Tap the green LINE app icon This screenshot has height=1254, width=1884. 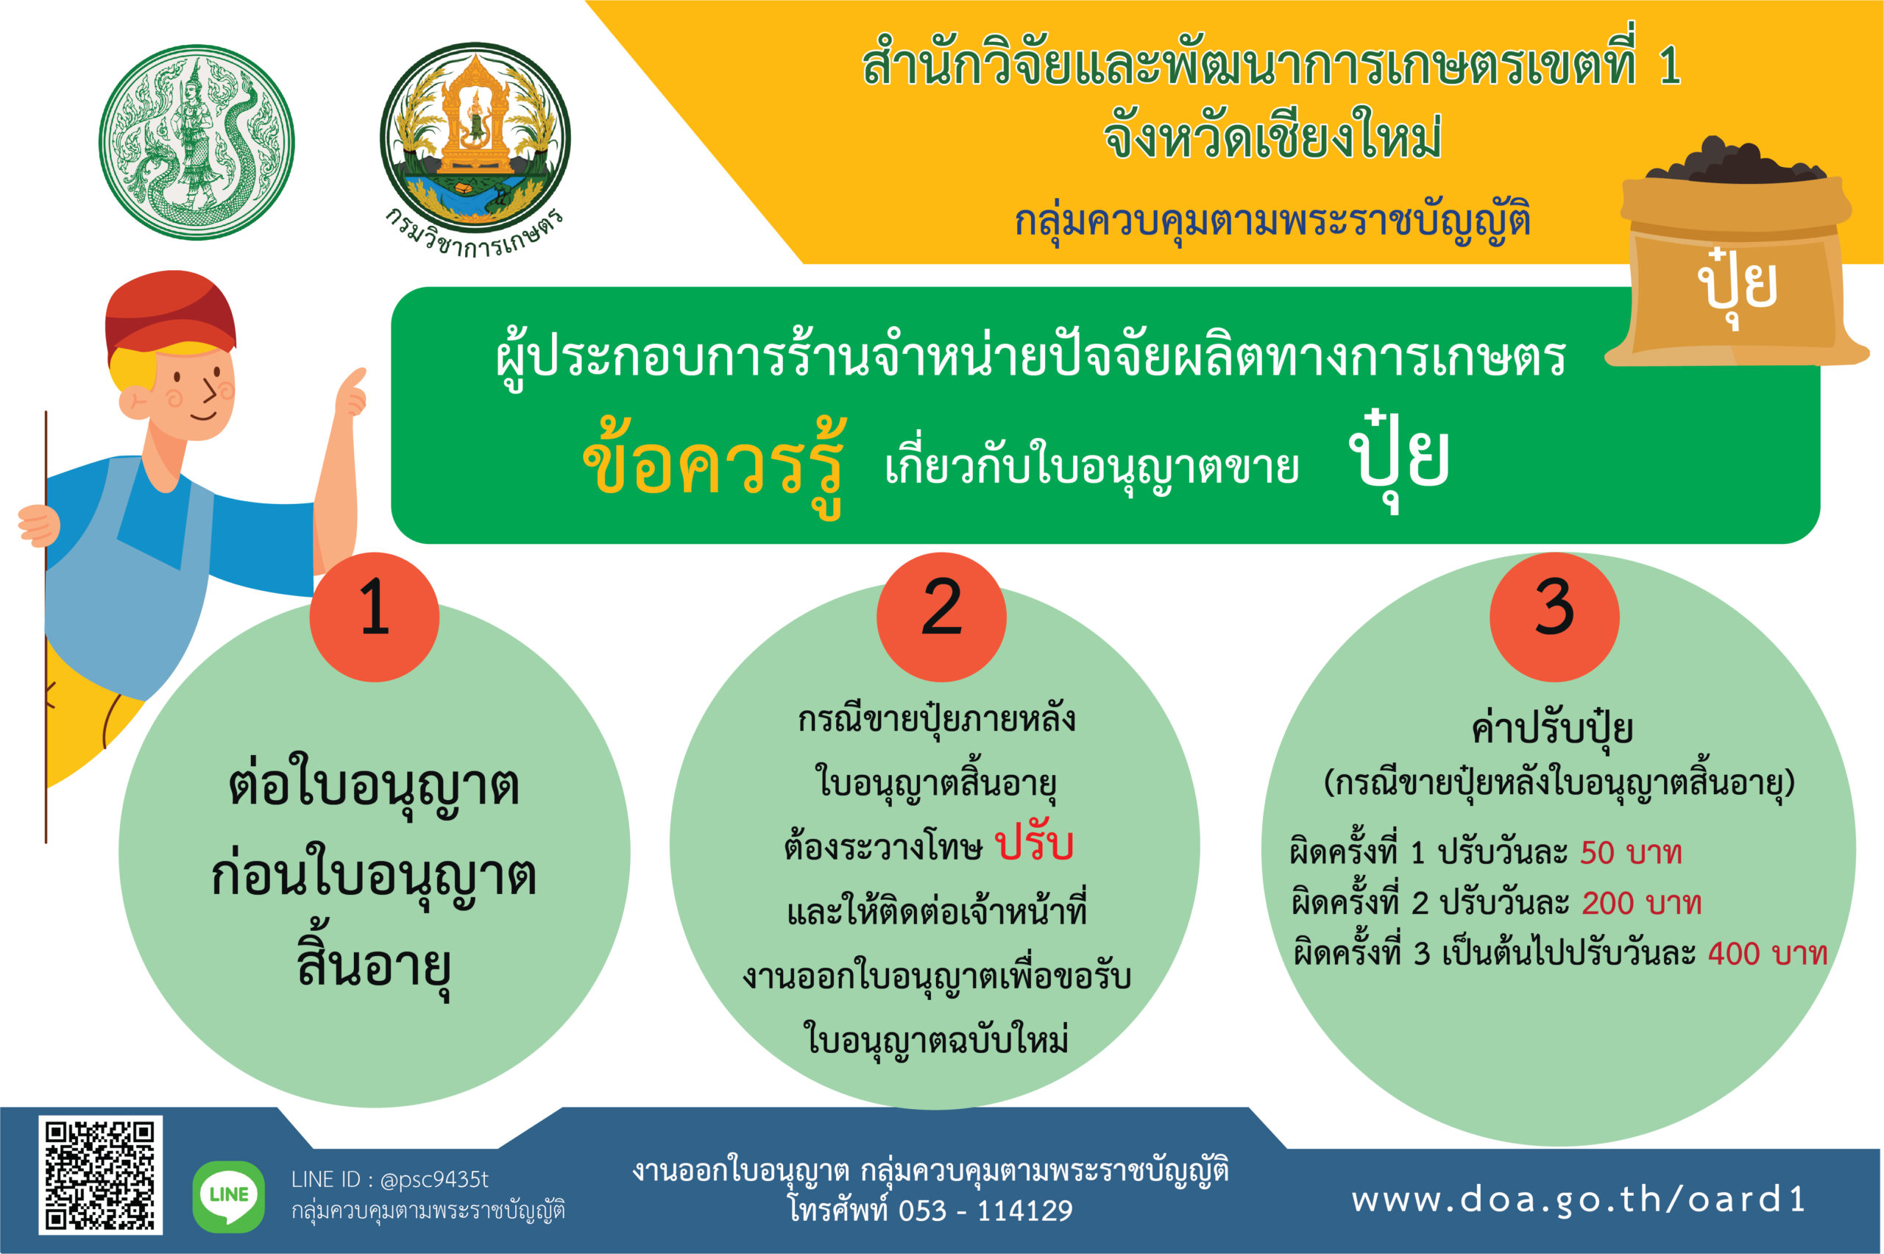pos(229,1197)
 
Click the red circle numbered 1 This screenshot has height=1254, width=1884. pos(375,617)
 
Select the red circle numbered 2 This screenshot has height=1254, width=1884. pos(941,617)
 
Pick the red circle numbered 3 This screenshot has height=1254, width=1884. pos(1554,617)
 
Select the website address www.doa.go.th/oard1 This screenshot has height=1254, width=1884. pos(1579,1200)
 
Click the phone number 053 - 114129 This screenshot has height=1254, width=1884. pos(985,1211)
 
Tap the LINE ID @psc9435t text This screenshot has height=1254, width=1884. pos(434,1180)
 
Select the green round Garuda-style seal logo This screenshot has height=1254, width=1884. pos(196,141)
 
